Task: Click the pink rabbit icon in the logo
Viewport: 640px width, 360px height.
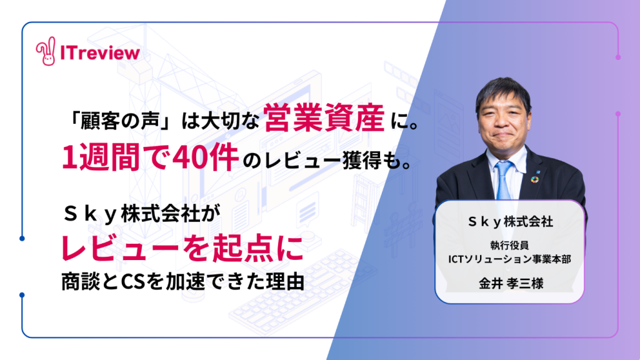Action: (46, 51)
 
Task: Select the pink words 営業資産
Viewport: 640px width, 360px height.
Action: (324, 118)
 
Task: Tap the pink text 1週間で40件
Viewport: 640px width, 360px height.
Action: (150, 157)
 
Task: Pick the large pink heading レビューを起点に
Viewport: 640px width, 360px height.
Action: (182, 248)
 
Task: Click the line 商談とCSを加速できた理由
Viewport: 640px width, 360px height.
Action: (183, 282)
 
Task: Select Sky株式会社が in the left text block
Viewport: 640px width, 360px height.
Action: (142, 214)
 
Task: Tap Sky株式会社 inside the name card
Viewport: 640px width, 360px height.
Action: (510, 222)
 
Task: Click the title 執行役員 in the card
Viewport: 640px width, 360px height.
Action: (509, 245)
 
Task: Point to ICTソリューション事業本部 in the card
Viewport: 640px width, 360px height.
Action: (509, 259)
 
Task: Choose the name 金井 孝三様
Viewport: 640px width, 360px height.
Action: (511, 283)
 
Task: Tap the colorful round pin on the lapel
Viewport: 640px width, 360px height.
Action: (535, 179)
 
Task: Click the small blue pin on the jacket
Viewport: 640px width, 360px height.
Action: (538, 171)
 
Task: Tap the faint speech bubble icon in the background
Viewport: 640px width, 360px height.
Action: (307, 209)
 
